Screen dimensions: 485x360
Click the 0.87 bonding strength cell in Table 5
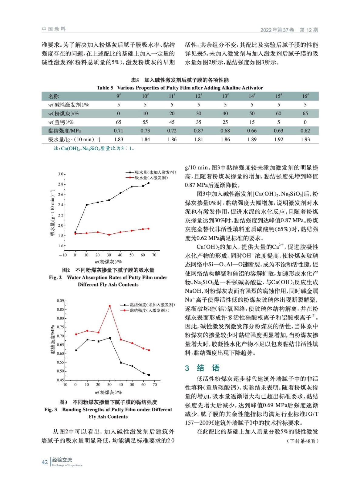point(198,131)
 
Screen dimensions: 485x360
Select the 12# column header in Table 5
point(199,96)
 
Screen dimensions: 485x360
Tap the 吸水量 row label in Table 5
point(74,139)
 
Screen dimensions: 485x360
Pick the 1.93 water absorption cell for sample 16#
point(305,139)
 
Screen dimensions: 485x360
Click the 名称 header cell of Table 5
point(54,96)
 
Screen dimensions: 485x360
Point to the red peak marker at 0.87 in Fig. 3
point(110,306)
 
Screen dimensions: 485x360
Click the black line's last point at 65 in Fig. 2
point(149,183)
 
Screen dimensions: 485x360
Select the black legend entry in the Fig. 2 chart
point(151,172)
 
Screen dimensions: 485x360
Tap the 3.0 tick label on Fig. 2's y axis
point(61,174)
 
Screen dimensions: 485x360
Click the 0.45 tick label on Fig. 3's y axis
point(60,380)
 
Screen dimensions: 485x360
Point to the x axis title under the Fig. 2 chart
point(108,262)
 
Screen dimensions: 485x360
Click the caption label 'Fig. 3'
point(50,410)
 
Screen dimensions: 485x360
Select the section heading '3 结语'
point(202,368)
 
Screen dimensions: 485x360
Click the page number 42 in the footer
point(45,462)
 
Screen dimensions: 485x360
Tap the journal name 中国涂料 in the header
point(54,29)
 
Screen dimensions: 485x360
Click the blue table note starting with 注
point(94,149)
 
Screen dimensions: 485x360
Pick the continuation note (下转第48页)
point(302,441)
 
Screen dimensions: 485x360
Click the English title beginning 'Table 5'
point(180,88)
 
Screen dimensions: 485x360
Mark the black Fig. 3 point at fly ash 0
point(76,350)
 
